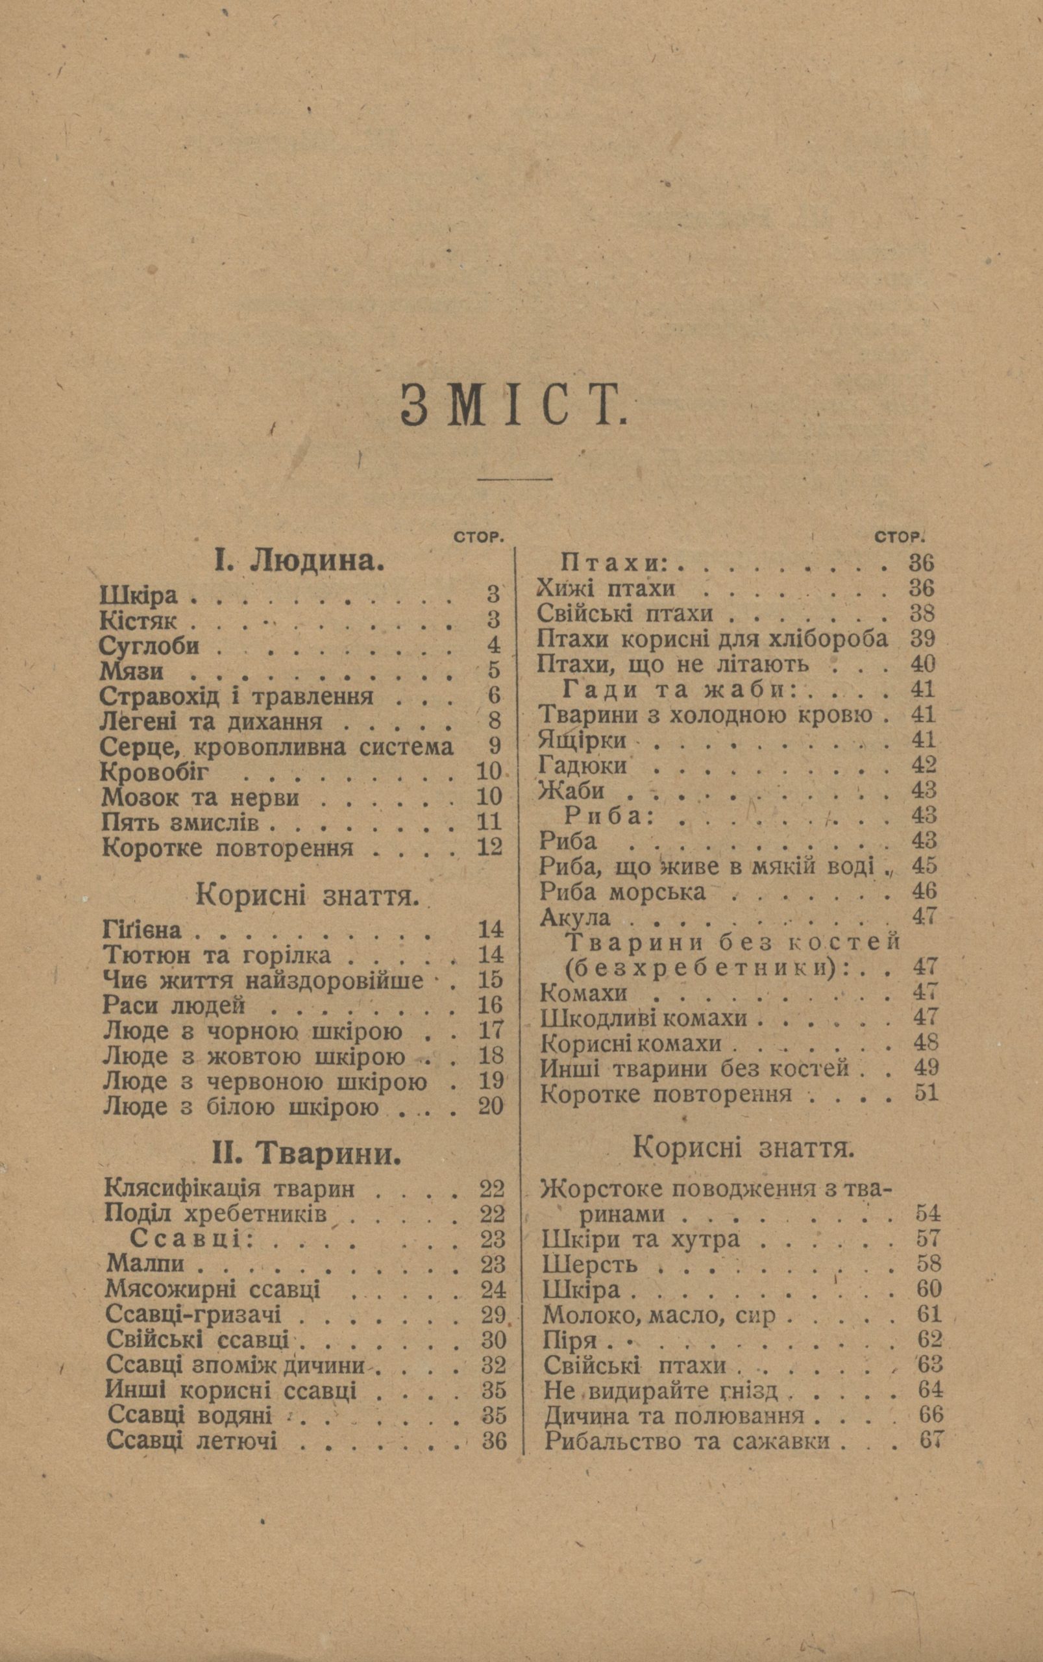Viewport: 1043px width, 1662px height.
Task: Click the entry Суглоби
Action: (x=150, y=646)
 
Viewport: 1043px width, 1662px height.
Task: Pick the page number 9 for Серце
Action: (x=494, y=746)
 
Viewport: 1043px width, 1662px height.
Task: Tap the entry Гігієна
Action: (x=141, y=930)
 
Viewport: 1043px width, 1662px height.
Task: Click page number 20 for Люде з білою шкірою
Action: (x=491, y=1107)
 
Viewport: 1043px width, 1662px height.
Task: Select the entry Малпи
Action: (x=145, y=1264)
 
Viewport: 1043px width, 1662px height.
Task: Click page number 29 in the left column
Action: (x=493, y=1314)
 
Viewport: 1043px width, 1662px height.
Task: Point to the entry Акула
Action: (x=574, y=917)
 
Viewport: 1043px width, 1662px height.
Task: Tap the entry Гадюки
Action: (x=583, y=765)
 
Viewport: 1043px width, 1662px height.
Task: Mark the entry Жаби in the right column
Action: (x=571, y=790)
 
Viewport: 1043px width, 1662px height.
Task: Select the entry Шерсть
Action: (x=590, y=1265)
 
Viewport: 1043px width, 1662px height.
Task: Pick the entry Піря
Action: (x=570, y=1340)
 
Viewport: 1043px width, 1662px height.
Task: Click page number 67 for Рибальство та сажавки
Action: (x=930, y=1441)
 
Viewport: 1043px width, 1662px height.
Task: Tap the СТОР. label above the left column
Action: (x=476, y=538)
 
